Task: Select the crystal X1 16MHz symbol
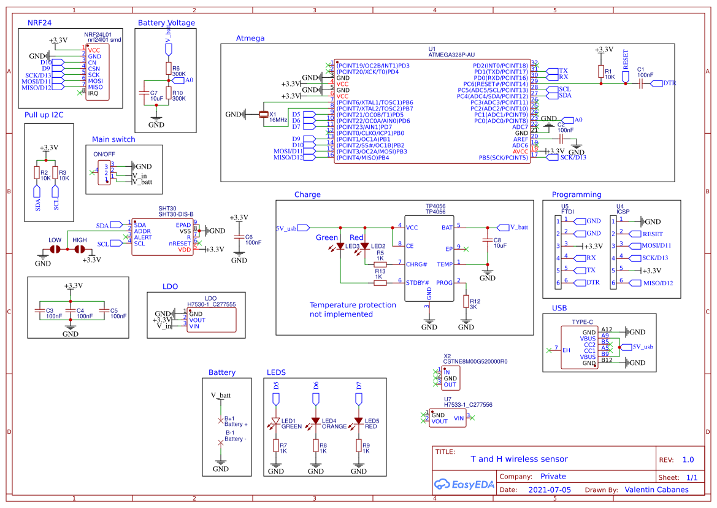tap(264, 114)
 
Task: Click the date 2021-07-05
tap(550, 490)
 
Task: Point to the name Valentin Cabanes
tap(656, 490)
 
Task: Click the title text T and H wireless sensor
tap(519, 459)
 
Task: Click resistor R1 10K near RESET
tap(600, 72)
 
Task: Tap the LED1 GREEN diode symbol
tap(276, 423)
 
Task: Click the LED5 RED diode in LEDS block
tap(359, 423)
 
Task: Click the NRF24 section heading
tap(40, 23)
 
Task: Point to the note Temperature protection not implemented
tap(353, 309)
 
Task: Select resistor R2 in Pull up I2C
tap(37, 173)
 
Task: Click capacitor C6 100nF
tap(239, 239)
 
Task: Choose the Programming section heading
tap(576, 194)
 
